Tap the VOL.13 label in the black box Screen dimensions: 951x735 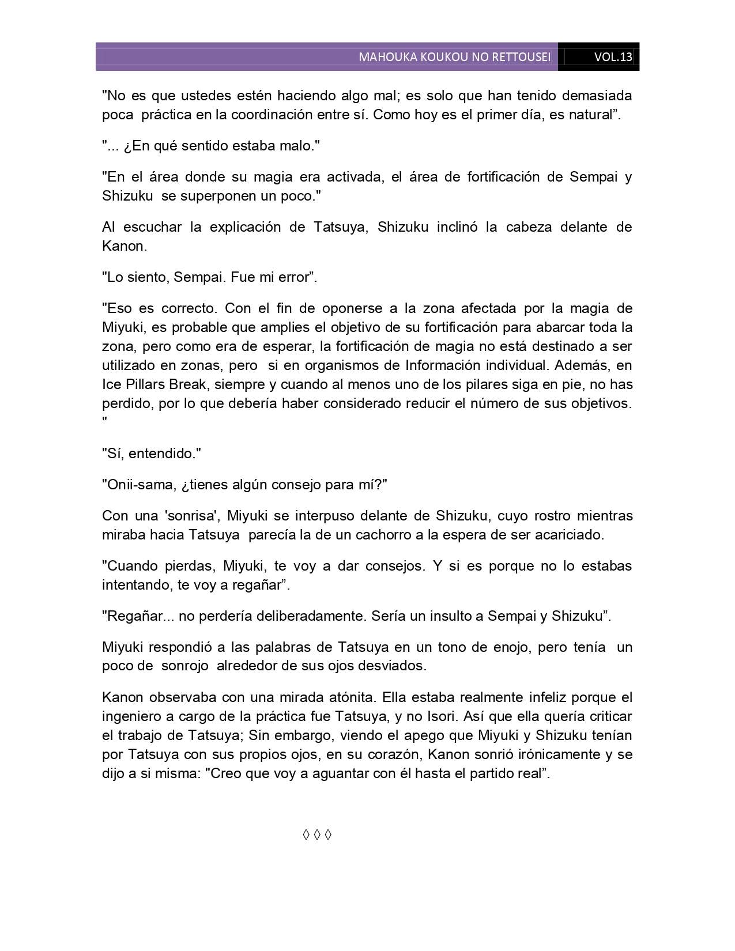[x=613, y=57]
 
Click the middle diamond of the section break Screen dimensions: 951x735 [x=317, y=835]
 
